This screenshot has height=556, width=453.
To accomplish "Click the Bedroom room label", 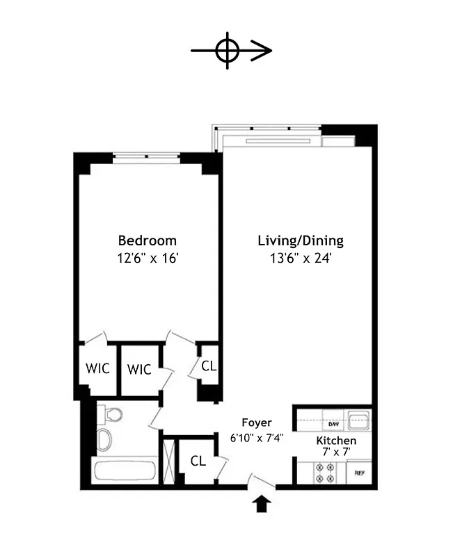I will click(x=147, y=240).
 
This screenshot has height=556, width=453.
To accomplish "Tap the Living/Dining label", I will click(x=301, y=241).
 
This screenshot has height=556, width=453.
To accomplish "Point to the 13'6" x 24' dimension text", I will click(x=301, y=259).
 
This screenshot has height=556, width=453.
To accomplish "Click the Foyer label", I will click(x=257, y=423).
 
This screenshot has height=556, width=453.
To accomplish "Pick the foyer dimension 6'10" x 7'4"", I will click(x=257, y=438).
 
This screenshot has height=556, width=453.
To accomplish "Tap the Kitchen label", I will click(x=336, y=441).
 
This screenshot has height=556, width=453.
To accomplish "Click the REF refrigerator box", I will click(x=360, y=473).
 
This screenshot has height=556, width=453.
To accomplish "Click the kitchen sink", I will click(x=358, y=420).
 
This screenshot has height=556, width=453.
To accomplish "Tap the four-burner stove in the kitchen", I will click(x=325, y=473).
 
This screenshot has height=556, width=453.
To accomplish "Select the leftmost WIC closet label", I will click(x=98, y=369).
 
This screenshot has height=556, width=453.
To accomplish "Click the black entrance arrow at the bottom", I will click(x=262, y=503).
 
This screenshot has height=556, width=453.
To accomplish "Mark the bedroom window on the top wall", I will click(x=147, y=157).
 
